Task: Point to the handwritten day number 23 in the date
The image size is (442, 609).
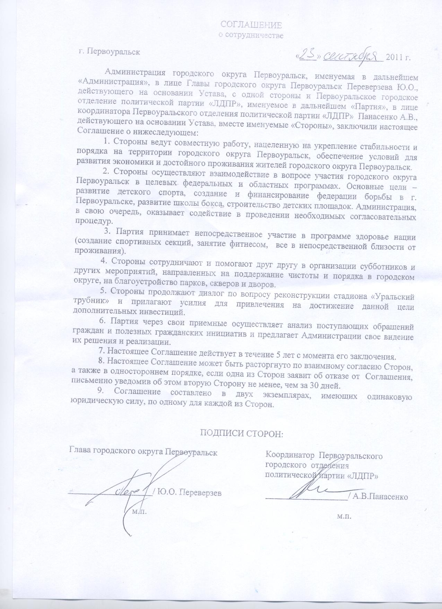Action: pos(306,56)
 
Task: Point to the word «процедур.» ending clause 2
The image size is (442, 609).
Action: pos(94,221)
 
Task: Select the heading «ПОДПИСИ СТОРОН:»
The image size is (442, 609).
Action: pos(242,433)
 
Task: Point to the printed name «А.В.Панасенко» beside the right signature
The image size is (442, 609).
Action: pos(380,497)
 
